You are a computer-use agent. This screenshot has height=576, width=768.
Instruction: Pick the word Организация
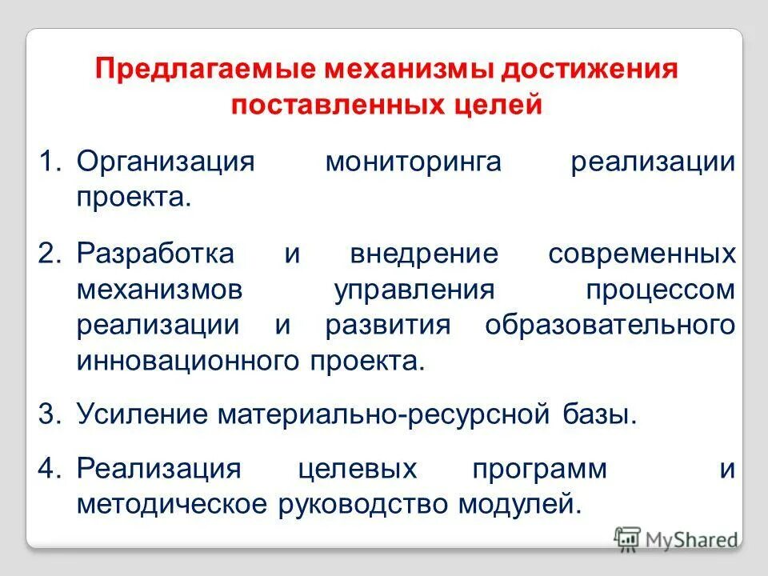[165, 162]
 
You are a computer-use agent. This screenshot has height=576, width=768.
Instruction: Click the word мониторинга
[413, 162]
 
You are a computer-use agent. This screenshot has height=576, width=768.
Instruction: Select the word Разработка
[156, 254]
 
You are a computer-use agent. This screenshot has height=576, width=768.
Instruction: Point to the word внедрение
[424, 254]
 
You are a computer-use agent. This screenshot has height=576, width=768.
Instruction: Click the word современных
[642, 254]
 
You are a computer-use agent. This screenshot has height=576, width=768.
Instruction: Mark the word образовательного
[610, 326]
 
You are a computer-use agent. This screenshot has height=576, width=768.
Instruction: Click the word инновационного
[189, 361]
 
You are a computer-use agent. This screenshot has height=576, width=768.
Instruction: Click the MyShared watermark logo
[676, 538]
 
